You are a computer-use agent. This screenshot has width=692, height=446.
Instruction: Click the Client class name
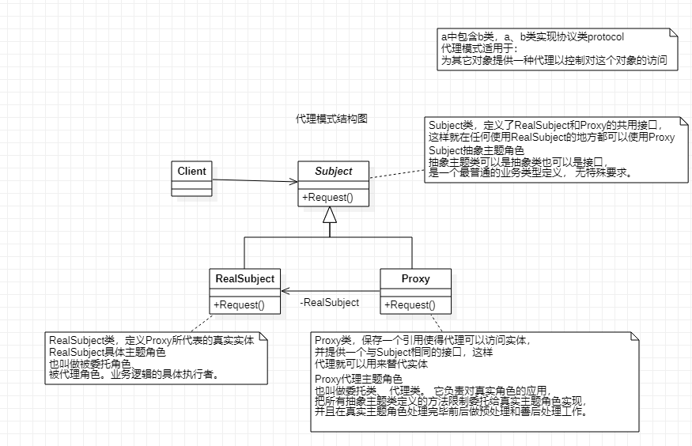pyautogui.click(x=191, y=171)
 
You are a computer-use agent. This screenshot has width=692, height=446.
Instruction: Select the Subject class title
pyautogui.click(x=334, y=171)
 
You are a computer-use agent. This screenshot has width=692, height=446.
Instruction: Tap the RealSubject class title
pyautogui.click(x=245, y=278)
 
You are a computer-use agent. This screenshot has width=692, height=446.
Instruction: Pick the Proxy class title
pyautogui.click(x=416, y=278)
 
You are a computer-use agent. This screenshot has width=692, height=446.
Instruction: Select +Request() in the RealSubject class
pyautogui.click(x=239, y=304)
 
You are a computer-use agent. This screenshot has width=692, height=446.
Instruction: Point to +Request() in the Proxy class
pyautogui.click(x=410, y=304)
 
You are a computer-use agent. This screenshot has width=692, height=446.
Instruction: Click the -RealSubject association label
pyautogui.click(x=330, y=302)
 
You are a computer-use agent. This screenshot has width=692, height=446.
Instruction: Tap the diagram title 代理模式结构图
pyautogui.click(x=331, y=119)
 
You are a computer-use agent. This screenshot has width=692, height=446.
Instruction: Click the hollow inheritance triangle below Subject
pyautogui.click(x=331, y=214)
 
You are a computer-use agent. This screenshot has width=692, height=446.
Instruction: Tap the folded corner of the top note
pyautogui.click(x=673, y=34)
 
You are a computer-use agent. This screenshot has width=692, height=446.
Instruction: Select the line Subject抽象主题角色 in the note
pyautogui.click(x=476, y=150)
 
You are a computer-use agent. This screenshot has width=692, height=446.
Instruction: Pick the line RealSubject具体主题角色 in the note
pyautogui.click(x=108, y=351)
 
